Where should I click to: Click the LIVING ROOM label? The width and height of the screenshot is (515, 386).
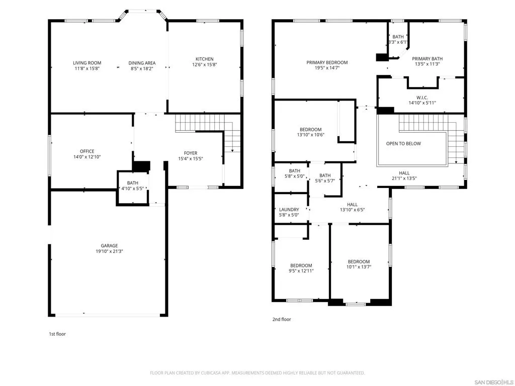click(87, 63)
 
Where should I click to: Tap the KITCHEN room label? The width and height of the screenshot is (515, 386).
click(205, 59)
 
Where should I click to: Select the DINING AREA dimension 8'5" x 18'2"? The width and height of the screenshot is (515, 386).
click(142, 68)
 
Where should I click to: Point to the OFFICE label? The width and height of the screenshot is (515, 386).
click(87, 151)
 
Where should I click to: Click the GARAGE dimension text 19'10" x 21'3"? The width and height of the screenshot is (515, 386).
click(109, 251)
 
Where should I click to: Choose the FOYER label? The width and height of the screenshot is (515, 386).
click(191, 153)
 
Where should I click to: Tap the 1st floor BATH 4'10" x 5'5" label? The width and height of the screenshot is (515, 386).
click(133, 186)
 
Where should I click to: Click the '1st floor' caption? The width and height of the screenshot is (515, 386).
click(57, 334)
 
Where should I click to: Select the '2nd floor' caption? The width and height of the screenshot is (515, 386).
click(282, 319)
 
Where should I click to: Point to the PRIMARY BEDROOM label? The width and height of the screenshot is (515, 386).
click(327, 62)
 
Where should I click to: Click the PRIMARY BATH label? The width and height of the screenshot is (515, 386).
click(427, 59)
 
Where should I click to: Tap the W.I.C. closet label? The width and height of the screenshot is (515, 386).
click(422, 98)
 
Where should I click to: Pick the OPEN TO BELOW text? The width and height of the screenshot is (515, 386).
click(403, 144)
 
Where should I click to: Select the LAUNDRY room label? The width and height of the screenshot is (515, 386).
click(289, 210)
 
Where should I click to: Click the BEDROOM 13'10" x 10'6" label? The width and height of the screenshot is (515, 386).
click(311, 132)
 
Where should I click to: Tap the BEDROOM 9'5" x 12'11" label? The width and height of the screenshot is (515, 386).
click(301, 268)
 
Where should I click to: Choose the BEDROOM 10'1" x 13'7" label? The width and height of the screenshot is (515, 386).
click(359, 264)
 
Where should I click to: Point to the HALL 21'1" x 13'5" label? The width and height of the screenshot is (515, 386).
click(404, 175)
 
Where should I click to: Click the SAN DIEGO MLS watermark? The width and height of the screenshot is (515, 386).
click(494, 382)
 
